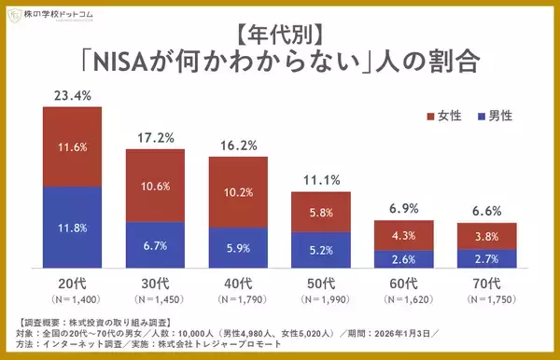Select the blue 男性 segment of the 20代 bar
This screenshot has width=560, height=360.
click(x=73, y=227)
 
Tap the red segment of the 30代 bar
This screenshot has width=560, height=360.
click(x=155, y=185)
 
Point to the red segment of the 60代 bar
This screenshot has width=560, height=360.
click(x=403, y=235)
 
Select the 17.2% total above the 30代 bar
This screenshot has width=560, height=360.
click(x=155, y=136)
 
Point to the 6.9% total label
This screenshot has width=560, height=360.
click(x=403, y=208)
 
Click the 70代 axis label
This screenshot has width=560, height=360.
click(x=486, y=283)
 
